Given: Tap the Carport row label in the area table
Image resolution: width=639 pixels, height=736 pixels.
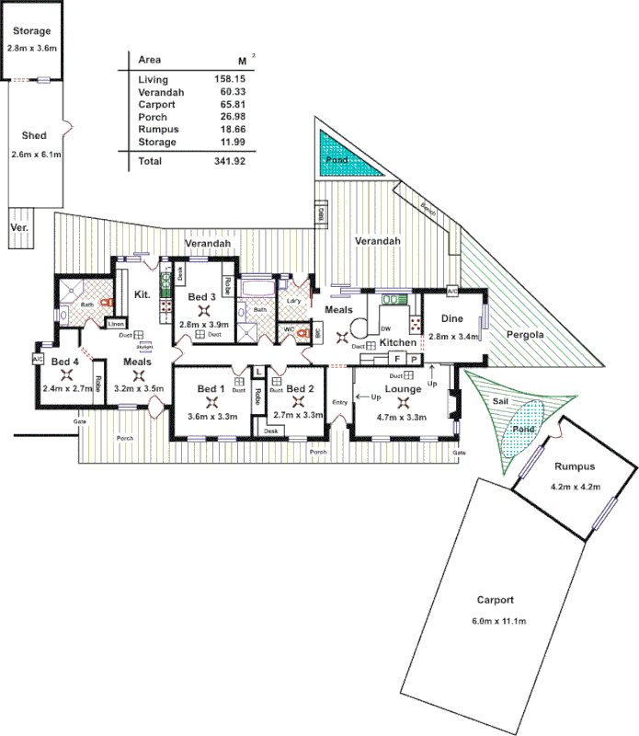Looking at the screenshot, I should [154, 105].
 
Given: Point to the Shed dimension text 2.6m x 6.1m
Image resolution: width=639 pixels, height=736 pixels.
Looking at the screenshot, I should [35, 154].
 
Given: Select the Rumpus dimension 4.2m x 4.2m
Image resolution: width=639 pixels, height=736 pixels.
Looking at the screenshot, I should [576, 487].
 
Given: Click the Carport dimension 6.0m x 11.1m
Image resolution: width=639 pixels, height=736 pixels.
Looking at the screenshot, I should [495, 623].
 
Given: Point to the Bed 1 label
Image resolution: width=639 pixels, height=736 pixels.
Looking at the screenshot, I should [211, 389].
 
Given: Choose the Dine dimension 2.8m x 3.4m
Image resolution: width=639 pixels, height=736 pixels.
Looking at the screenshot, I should [453, 337].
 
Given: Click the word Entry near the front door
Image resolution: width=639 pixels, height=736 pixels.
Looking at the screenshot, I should [340, 402].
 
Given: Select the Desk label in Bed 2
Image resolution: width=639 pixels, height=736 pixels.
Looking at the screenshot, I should [270, 431].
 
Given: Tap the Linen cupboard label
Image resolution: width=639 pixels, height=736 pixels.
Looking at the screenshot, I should [116, 323].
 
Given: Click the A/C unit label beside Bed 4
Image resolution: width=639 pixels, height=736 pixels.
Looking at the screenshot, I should [39, 358].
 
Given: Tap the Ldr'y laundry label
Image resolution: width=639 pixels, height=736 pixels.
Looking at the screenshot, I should [294, 300].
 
